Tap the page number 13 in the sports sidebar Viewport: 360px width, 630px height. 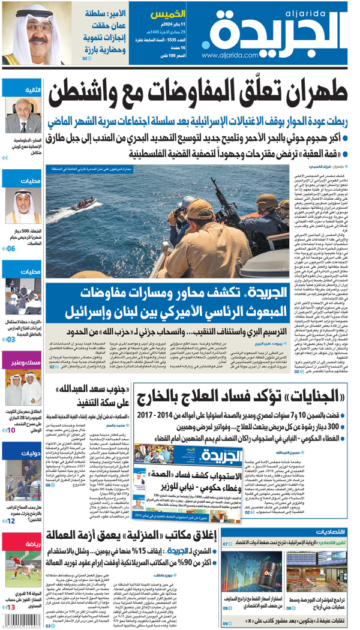click(x=12, y=608)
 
